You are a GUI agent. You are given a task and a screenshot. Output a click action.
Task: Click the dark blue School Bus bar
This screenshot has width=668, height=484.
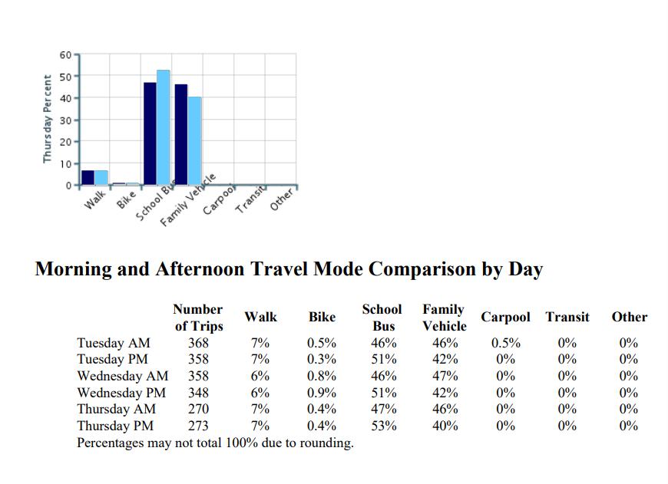pyautogui.click(x=150, y=133)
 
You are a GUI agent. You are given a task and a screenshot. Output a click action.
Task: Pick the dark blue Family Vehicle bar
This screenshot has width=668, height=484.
pyautogui.click(x=181, y=134)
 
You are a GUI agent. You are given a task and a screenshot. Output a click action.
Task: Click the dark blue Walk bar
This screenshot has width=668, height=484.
pyautogui.click(x=88, y=177)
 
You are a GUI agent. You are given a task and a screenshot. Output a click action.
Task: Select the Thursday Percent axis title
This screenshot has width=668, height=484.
pyautogui.click(x=48, y=119)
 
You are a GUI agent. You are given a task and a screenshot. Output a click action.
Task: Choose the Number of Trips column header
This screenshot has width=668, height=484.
pyautogui.click(x=198, y=318)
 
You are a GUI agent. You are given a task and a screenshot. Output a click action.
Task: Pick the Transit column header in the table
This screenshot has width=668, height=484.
pyautogui.click(x=567, y=317)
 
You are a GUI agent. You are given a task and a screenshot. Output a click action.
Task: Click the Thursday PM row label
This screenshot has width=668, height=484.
pyautogui.click(x=115, y=426)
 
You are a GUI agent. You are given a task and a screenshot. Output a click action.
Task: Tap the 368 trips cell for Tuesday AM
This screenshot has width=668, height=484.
pyautogui.click(x=198, y=343)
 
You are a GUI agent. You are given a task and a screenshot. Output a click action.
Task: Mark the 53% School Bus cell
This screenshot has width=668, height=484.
pyautogui.click(x=382, y=426)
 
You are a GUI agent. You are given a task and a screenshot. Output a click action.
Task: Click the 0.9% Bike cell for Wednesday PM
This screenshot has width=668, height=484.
pyautogui.click(x=321, y=393)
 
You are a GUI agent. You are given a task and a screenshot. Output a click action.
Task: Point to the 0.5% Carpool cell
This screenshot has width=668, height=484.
pyautogui.click(x=505, y=343)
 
